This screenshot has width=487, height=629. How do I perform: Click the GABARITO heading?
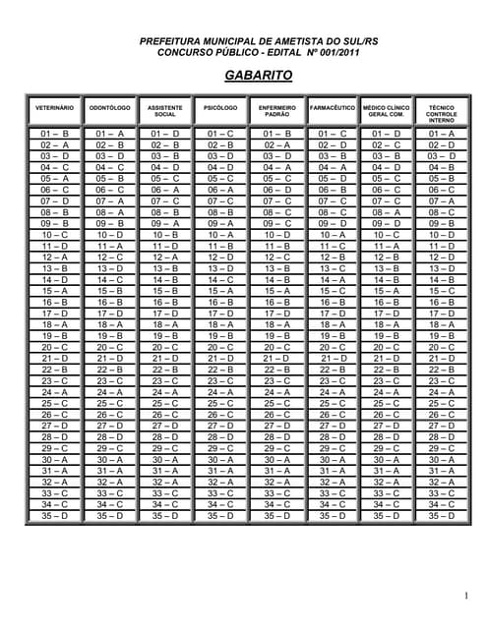tap(244, 74)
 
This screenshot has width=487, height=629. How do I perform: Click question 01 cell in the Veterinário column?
tap(54, 133)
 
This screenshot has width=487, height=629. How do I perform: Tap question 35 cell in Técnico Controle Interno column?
tap(441, 515)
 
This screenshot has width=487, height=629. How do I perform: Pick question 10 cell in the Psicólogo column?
tap(219, 234)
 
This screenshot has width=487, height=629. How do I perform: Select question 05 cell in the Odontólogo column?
tap(109, 178)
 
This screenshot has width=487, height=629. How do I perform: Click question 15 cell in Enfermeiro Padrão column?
tap(276, 290)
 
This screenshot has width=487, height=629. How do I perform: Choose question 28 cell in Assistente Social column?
tap(164, 436)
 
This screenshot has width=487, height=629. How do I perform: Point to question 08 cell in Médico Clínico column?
tap(386, 211)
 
